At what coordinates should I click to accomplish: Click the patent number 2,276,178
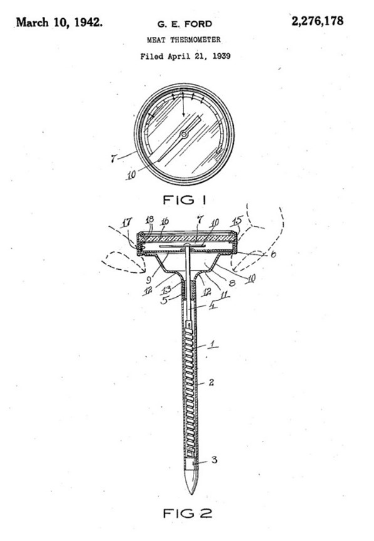point(318,21)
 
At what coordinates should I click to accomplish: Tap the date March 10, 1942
point(60,23)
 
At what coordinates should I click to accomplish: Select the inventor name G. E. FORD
point(185,24)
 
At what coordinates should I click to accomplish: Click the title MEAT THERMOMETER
point(184,40)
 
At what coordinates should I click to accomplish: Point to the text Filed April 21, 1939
point(185,56)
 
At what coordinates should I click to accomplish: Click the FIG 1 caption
point(184,200)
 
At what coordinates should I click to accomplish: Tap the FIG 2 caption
point(187,513)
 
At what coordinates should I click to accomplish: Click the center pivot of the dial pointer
point(184,134)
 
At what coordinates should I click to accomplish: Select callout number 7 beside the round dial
point(113,158)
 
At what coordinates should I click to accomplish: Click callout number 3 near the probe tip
point(214,460)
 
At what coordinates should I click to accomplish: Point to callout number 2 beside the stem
point(211,383)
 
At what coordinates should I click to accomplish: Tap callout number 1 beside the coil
point(213,343)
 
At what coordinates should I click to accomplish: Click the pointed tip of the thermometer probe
point(191,493)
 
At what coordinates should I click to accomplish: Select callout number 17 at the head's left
point(127,222)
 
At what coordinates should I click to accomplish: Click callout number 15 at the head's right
point(238,220)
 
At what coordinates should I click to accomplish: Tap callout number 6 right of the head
point(273,254)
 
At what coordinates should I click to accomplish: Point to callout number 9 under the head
point(148,279)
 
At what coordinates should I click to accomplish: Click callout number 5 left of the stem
point(165,300)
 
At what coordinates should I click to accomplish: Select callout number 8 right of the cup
point(232,283)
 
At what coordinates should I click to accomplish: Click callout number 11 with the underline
point(224,294)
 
